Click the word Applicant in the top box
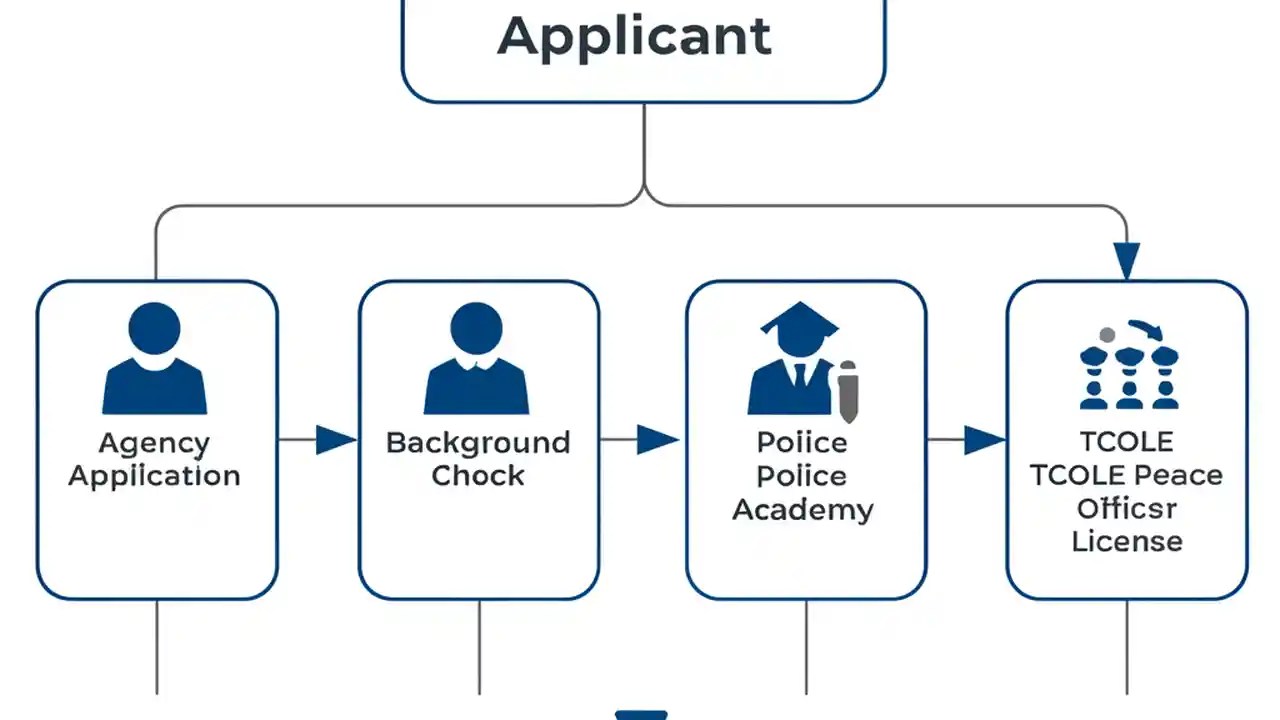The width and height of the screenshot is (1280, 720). [635, 36]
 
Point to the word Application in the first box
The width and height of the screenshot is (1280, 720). [155, 476]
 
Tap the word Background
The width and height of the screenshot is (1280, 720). [478, 443]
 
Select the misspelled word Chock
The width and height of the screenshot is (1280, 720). [478, 476]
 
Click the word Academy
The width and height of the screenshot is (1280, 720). [802, 510]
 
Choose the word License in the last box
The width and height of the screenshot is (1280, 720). [1127, 542]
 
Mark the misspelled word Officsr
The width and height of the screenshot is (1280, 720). [1127, 509]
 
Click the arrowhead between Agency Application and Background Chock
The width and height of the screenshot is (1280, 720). [335, 440]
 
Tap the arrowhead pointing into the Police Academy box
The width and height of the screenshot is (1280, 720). [657, 440]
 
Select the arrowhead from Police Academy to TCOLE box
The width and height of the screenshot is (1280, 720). [984, 440]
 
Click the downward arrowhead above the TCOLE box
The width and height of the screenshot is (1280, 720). [1127, 262]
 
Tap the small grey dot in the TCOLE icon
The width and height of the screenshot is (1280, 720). [1106, 335]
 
